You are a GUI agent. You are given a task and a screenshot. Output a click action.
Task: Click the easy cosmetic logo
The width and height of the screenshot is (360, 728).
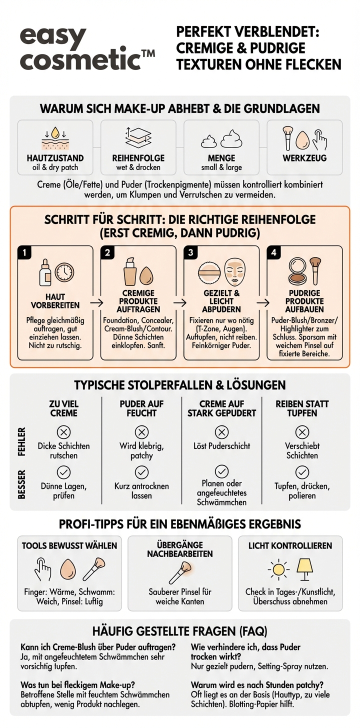(85, 49)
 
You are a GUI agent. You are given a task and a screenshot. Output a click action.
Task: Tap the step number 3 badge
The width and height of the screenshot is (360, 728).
(190, 252)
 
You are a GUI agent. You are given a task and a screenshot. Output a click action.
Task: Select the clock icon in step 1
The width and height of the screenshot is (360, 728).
(64, 272)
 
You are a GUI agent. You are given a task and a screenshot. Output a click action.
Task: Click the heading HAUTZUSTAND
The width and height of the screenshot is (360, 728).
(55, 158)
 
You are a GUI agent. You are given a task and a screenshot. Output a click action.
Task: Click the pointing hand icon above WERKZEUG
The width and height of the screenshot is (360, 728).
(319, 138)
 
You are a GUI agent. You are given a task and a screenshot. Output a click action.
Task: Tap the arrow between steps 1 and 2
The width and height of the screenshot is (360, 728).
(97, 302)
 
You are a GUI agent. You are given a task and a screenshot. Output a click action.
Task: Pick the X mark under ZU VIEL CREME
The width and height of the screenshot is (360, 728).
(63, 432)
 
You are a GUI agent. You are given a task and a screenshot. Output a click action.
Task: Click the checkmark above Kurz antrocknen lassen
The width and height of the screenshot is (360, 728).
(141, 472)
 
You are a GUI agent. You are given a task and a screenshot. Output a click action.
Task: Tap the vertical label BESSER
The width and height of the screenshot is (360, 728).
(22, 484)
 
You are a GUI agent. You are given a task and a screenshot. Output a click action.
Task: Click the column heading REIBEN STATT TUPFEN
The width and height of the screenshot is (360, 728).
(302, 408)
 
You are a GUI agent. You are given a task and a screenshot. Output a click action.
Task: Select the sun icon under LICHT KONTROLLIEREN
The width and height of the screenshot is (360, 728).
(278, 569)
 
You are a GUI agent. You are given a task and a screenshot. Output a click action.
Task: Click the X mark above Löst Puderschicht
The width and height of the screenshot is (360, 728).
(221, 432)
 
